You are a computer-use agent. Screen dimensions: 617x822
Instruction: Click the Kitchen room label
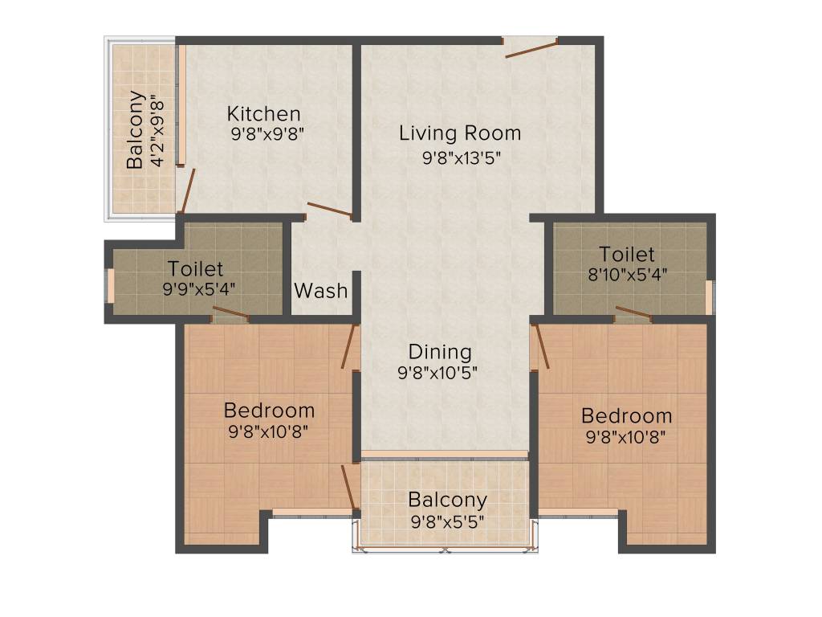pos(263,113)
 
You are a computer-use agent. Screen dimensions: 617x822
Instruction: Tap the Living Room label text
pos(460,133)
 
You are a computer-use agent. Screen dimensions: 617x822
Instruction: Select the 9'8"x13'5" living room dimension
pos(462,157)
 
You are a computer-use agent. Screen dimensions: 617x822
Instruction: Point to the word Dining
pos(440,352)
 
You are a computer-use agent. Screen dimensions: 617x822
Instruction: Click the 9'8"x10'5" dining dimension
pos(440,373)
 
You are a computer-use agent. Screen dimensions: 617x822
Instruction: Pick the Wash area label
pos(321,290)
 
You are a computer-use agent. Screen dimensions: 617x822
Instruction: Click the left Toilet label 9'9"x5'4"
pos(195,268)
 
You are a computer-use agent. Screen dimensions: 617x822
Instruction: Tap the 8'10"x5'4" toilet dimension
pos(627,273)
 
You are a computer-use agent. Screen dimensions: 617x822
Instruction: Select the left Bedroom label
pos(269,411)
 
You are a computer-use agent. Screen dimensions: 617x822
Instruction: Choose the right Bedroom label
pos(627,416)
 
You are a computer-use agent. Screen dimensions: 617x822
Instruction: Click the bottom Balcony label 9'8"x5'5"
pos(447,500)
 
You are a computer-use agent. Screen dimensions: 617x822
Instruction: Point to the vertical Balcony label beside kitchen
pos(136,130)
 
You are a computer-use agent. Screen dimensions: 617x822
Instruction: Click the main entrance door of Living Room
pos(530,48)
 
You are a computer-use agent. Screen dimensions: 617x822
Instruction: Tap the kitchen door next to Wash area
pos(329,210)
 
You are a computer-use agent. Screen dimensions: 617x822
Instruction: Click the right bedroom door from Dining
pos(541,345)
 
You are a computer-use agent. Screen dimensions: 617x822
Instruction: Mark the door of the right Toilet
pos(633,313)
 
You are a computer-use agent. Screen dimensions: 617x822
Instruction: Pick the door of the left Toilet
pos(230,316)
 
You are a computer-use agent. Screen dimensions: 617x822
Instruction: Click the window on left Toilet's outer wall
pos(111,286)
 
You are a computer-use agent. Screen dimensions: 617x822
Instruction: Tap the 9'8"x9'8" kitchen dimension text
pos(267,133)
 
